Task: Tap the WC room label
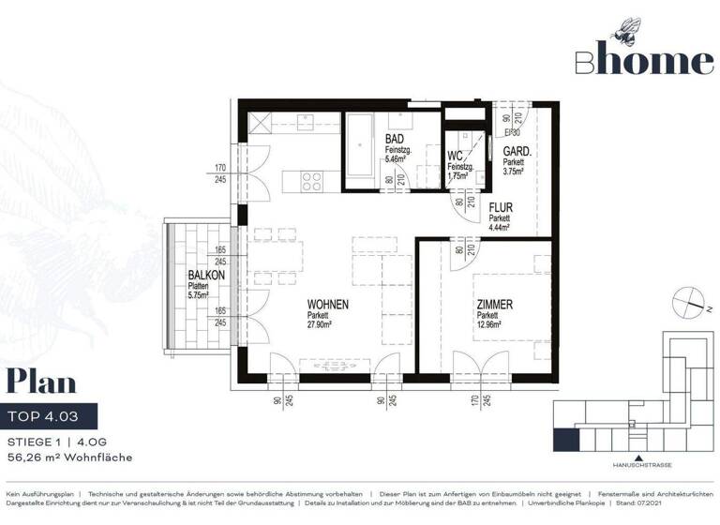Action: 455,156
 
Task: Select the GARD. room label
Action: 517,151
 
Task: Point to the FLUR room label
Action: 500,208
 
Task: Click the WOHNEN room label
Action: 328,305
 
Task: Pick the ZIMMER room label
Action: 493,305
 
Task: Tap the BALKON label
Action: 205,275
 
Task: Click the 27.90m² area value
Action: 326,325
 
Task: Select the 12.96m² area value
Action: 490,325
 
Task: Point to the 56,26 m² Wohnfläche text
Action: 68,457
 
